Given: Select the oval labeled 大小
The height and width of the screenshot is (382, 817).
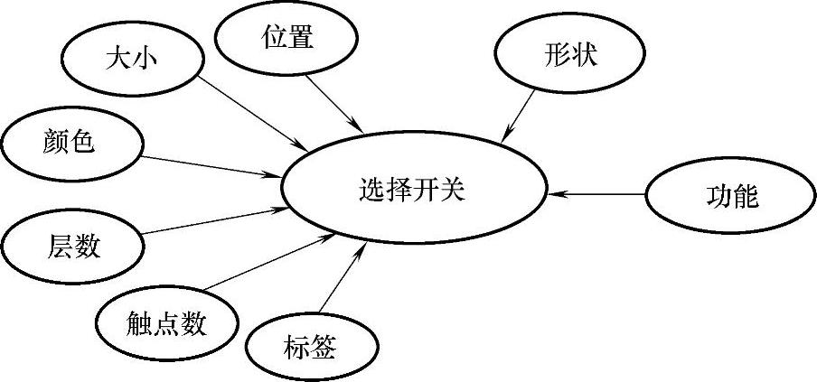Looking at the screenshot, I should pos(126,61).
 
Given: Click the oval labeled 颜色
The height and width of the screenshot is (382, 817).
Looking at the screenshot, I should pos(70,143).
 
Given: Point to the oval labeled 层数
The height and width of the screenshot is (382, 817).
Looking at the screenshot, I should pos(72,245).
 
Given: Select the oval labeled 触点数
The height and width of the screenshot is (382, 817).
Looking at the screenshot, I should pos(166,322).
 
